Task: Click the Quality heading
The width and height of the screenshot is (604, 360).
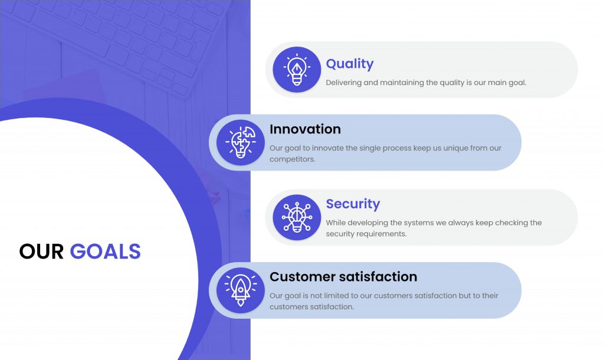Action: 350,64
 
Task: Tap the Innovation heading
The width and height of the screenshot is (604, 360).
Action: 305,129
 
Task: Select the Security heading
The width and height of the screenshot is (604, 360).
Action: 353,204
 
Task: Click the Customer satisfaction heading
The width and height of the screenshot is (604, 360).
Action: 343,277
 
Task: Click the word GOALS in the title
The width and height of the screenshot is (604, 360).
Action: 105,251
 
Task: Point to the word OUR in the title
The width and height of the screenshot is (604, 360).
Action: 41,251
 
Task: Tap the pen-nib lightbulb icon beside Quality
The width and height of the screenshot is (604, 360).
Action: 297,70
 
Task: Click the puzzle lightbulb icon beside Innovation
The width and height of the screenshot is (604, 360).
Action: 241,143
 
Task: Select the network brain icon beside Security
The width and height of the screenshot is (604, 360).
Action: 297,217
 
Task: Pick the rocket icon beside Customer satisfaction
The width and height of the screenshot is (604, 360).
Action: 241,290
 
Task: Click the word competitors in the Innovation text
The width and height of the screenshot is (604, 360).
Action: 292,159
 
